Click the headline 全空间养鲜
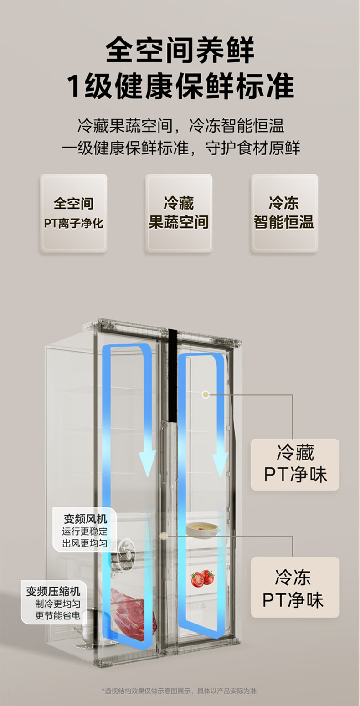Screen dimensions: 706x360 [x=180, y=50]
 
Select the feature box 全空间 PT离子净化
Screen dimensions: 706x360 [x=73, y=213]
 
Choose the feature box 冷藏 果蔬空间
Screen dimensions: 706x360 [x=179, y=213]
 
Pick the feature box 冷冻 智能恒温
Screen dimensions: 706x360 [x=284, y=213]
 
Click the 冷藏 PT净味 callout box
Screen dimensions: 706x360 [x=295, y=464]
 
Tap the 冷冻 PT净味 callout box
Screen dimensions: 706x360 [x=295, y=588]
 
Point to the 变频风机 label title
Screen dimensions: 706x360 [x=85, y=518]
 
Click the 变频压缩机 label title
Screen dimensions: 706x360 [x=53, y=591]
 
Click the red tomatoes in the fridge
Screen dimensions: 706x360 [x=202, y=578]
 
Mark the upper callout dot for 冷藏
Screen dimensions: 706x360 [x=206, y=394]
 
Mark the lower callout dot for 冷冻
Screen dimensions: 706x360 [x=164, y=537]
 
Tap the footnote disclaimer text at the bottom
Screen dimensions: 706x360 [x=180, y=691]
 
